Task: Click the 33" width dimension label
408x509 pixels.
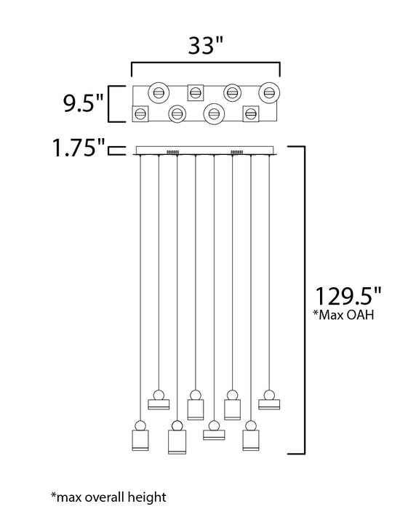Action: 206,45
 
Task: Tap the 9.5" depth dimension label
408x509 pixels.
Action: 83,103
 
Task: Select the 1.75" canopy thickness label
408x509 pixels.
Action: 79,148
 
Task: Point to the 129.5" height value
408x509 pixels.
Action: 348,297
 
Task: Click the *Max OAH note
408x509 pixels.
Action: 343,315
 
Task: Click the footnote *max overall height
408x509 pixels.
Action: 109,497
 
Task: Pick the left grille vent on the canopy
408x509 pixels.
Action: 172,152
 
